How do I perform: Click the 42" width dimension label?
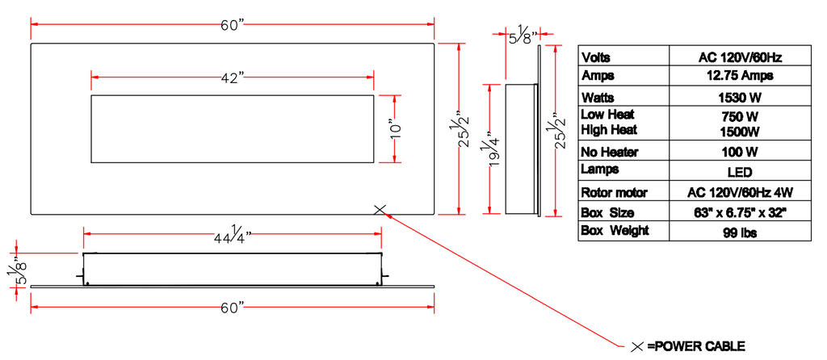232,78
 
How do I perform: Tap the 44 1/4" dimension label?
233,235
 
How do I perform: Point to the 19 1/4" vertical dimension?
489,148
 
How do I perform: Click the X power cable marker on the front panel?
381,210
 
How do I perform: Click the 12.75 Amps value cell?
741,76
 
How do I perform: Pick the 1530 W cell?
741,96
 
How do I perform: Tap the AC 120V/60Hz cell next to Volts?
741,57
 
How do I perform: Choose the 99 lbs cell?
741,232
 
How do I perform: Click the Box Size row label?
608,213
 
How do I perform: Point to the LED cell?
741,172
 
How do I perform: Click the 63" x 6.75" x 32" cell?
741,213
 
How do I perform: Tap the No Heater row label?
610,152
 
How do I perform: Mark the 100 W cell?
741,152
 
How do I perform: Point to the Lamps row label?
600,170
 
